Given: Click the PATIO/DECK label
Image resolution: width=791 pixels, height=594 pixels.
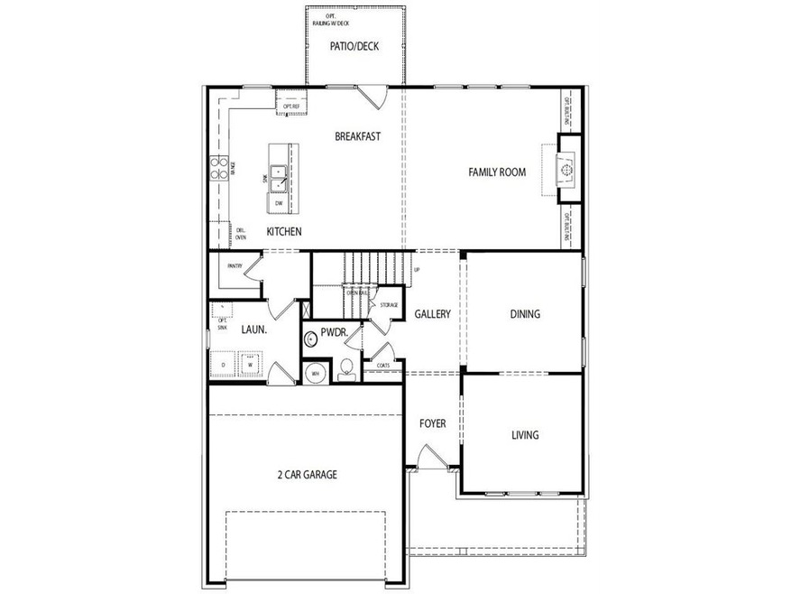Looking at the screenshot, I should coord(354,46).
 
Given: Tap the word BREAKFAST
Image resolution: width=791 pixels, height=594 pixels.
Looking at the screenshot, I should coord(357,136).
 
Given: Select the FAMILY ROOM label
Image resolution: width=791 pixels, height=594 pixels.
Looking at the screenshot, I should coord(496,172).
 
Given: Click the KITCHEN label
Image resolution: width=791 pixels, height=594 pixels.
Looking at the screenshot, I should coord(283,232).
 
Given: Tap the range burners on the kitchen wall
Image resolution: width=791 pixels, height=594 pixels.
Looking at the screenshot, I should coord(218,168).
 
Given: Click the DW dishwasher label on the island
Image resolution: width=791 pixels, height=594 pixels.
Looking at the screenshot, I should coord(279,203).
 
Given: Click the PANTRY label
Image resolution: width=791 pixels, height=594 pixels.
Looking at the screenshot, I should coord(235,265).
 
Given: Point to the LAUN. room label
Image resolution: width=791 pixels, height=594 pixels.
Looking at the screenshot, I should coord(253,329).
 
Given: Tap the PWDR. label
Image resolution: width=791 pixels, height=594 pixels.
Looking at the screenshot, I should coord(334,333).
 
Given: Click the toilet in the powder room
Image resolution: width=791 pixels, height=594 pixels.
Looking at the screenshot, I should coord(345,367).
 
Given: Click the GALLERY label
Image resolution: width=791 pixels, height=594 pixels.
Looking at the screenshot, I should coord(432,314).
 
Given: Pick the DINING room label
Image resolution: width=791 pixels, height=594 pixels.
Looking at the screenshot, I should coord(525,314).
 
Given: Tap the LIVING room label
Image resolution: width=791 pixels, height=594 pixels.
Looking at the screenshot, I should coord(525,434).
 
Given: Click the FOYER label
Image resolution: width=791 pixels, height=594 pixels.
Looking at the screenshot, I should coord(433,422).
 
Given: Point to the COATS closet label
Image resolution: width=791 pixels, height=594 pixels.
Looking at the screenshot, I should coord(383,365).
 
